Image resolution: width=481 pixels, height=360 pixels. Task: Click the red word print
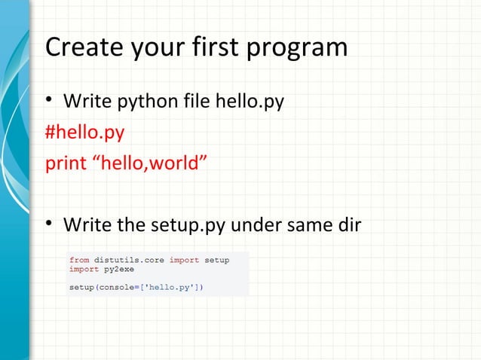pyautogui.click(x=66, y=164)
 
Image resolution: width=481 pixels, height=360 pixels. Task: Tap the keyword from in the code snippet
pyautogui.click(x=79, y=260)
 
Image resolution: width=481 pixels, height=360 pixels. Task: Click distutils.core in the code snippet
pyautogui.click(x=130, y=260)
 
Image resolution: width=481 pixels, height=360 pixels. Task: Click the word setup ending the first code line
pyautogui.click(x=217, y=260)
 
